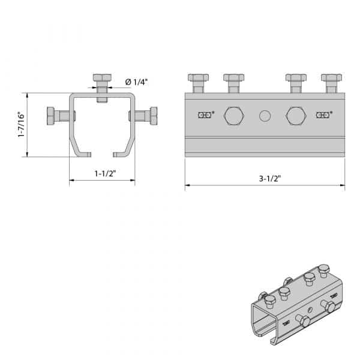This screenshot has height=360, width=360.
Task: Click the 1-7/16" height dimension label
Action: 21,124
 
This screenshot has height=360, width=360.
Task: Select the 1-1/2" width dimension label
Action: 106,173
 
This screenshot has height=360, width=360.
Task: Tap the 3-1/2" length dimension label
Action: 270,178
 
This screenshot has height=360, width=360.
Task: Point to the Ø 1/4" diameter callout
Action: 136,82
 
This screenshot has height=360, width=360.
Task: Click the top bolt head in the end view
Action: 102,77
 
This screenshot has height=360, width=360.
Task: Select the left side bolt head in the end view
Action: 50,116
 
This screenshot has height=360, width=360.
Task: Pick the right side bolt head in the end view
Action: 154,116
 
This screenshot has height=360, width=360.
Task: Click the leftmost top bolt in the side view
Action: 199,83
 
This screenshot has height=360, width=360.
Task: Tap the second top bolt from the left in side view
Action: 234,83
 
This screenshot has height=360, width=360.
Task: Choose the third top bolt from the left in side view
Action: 296,83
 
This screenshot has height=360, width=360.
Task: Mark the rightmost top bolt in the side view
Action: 331,83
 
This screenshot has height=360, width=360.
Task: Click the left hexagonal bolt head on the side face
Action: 234,116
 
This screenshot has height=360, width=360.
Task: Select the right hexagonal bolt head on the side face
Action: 296,116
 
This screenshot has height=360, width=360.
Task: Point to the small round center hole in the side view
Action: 265,116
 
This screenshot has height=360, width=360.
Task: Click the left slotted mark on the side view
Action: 205,115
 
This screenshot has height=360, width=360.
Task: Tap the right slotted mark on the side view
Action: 323,115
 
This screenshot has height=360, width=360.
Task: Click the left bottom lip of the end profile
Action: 84,155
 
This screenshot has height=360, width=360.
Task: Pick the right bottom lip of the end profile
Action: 120,155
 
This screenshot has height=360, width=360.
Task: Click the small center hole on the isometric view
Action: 310,310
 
